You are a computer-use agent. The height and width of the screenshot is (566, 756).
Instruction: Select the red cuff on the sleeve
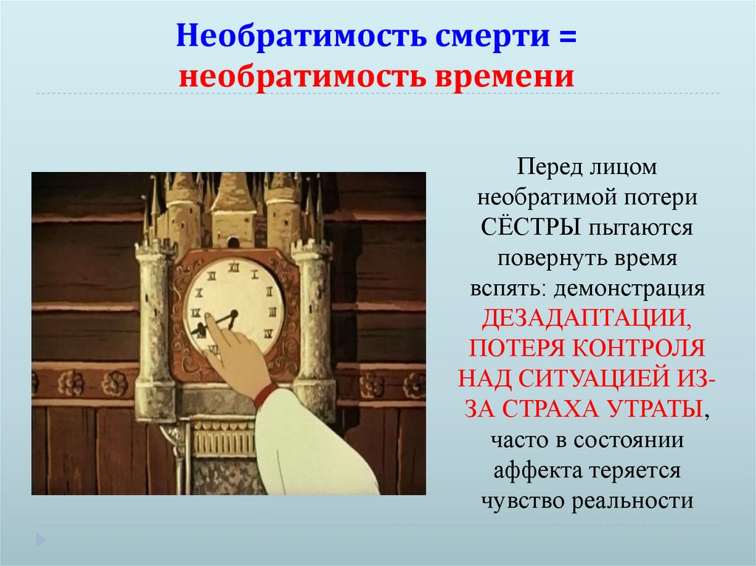267,395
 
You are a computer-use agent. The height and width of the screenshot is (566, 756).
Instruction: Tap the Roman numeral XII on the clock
233,269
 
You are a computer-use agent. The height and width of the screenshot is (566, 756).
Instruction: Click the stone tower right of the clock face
313,325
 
